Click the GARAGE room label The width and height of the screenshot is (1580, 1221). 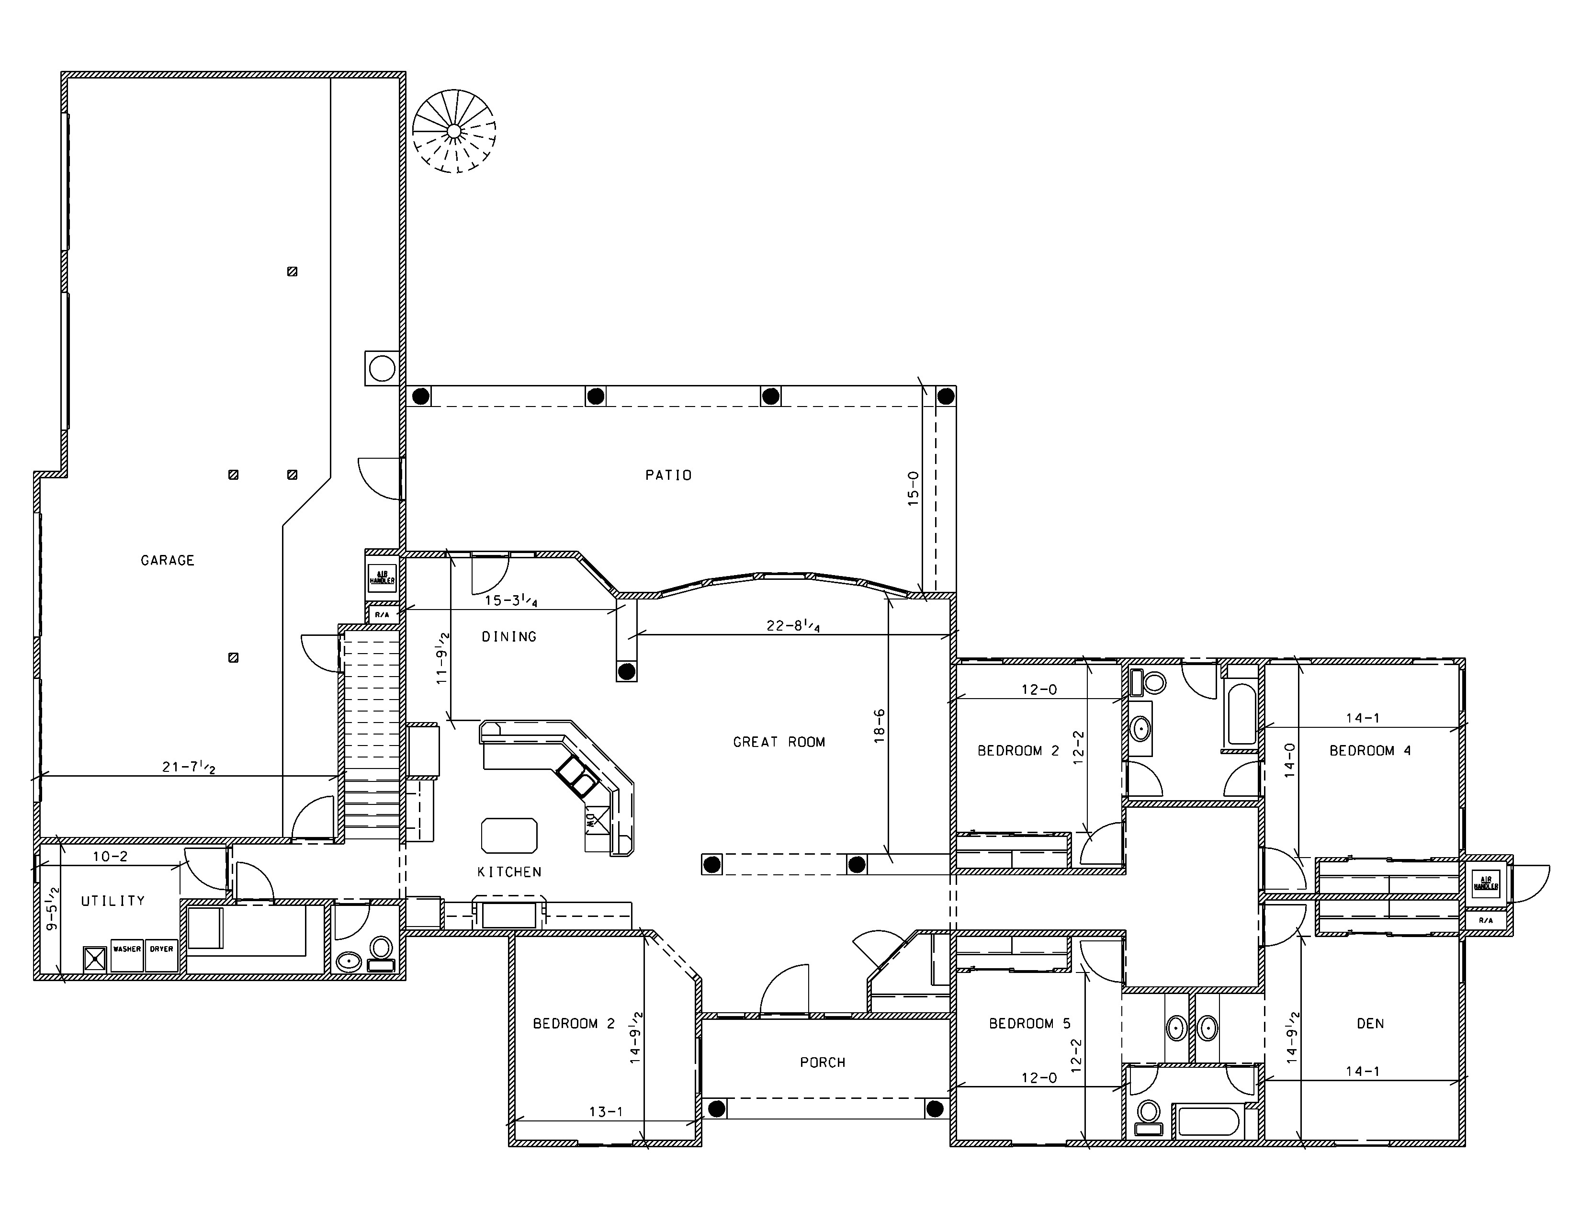167,560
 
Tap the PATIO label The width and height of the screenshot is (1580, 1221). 668,475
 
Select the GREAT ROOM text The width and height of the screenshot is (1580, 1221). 779,741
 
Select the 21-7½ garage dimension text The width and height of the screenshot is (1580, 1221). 188,767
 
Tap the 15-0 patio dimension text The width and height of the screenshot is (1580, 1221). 913,488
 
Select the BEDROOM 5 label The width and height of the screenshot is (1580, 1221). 1029,1024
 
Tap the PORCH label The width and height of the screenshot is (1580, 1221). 823,1063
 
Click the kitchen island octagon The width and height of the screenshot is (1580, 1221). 509,836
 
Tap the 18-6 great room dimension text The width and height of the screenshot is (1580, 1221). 879,725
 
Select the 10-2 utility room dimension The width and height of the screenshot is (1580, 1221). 110,857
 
